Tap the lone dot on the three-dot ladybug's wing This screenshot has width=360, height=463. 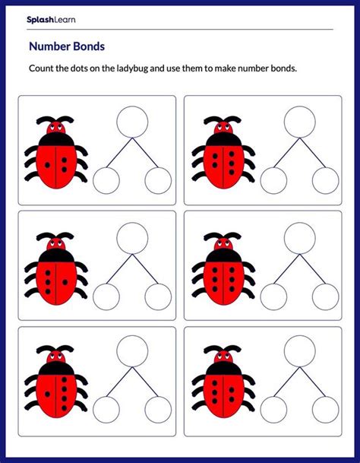tap(48, 164)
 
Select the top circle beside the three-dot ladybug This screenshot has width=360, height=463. tap(132, 121)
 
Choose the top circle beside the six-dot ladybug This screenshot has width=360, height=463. tap(299, 121)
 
